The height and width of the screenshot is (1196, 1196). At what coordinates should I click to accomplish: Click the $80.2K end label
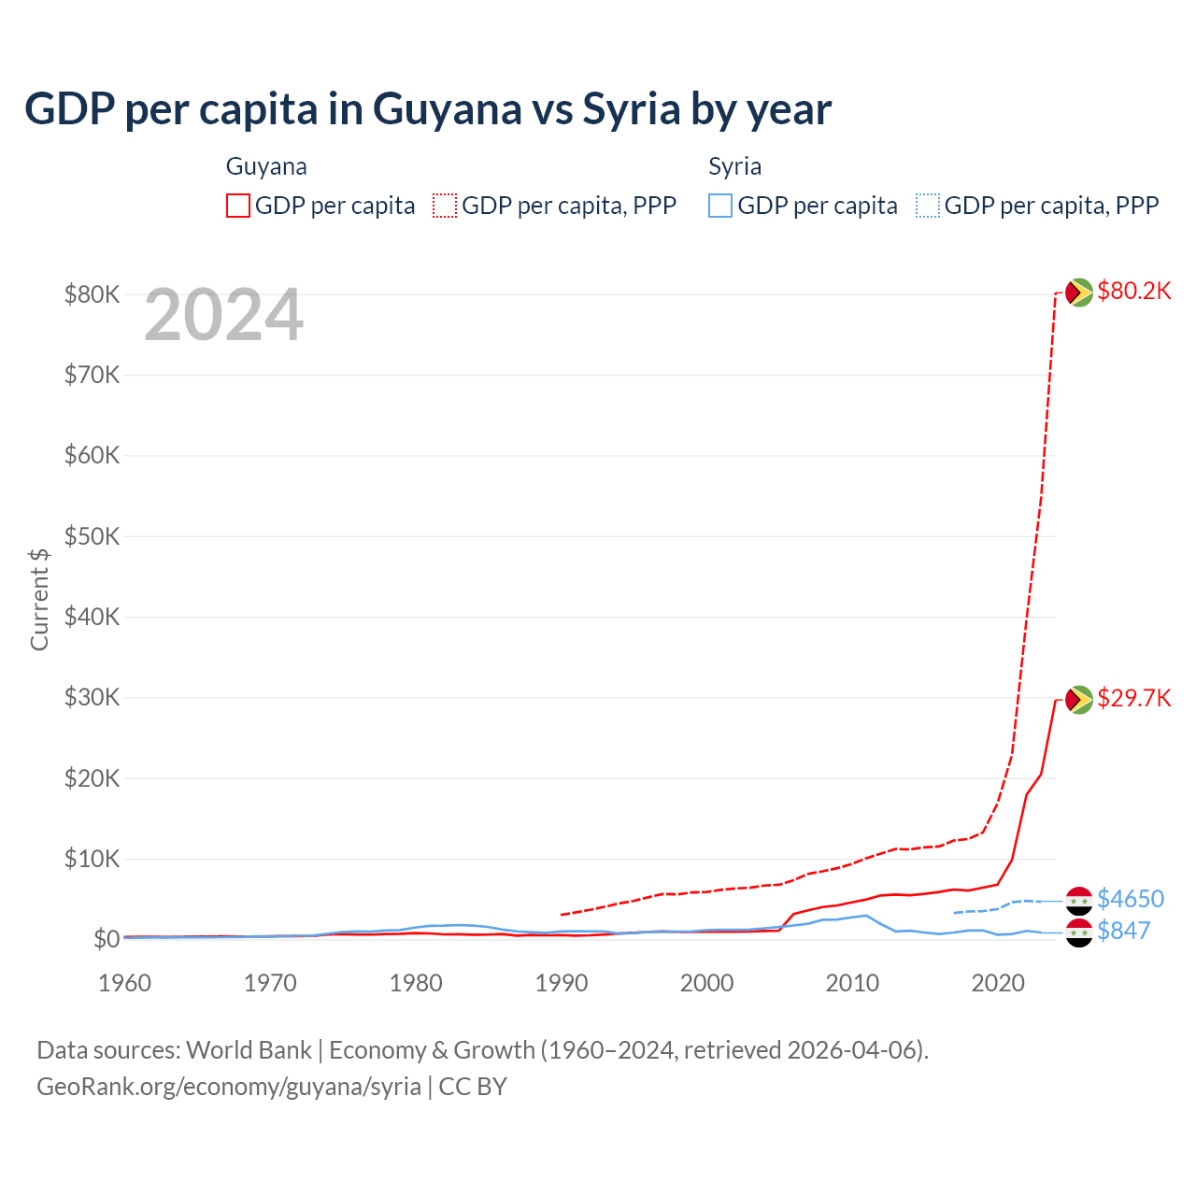1133,292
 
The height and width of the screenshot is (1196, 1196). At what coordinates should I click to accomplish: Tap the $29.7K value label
1133,699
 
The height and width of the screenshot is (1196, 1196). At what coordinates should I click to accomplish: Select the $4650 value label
1131,899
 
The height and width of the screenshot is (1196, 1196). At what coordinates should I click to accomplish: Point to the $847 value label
1123,931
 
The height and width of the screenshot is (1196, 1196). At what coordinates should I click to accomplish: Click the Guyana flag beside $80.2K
1079,292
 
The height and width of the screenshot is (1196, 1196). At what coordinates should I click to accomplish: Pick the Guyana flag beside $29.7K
1079,699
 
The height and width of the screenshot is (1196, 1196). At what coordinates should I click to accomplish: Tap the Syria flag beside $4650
1079,901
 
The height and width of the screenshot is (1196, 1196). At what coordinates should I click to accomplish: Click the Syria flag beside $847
1079,932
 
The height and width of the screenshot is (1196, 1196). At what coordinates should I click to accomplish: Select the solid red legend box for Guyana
238,206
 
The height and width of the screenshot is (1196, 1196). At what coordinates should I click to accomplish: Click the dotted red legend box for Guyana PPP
445,206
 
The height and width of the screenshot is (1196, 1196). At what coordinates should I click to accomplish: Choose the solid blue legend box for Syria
720,206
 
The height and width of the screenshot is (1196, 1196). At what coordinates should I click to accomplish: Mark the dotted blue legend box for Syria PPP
928,206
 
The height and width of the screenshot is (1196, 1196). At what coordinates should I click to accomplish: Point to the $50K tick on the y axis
93,536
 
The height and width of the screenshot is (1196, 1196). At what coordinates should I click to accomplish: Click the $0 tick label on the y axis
107,939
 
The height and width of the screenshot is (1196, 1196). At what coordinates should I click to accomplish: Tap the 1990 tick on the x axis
562,983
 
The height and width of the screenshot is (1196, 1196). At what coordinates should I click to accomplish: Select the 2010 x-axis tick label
852,983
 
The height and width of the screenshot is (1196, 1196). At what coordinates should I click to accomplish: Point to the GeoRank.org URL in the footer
229,1087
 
